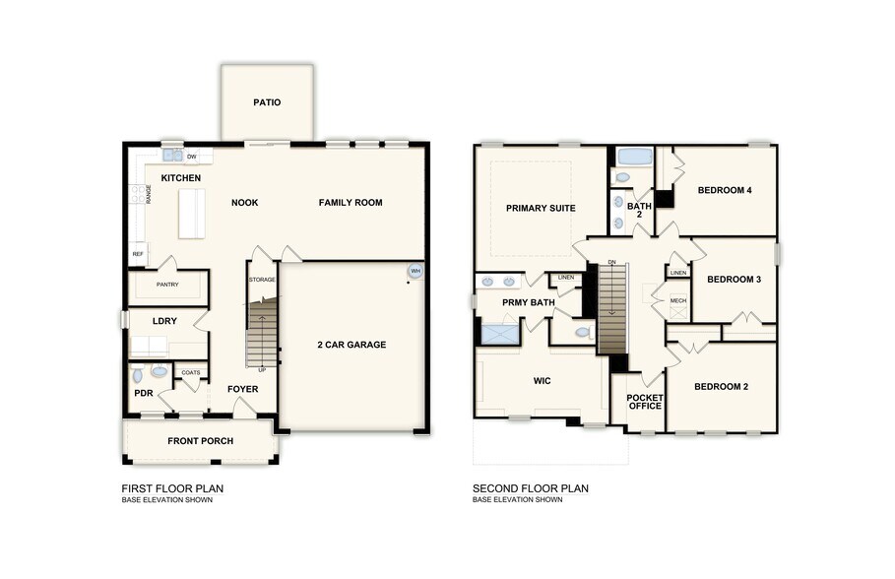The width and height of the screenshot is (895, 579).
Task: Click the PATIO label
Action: coord(267,101)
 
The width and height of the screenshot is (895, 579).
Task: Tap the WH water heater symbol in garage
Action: coord(416,270)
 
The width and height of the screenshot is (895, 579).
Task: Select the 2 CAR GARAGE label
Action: coord(352,345)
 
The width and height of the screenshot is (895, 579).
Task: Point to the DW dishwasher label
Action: coord(192,157)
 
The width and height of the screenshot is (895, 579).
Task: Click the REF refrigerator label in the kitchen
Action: coord(138,254)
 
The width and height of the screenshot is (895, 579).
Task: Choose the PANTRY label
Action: coord(167,285)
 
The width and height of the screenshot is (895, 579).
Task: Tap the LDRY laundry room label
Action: coord(164,321)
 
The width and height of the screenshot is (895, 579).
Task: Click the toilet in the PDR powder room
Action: coord(139,374)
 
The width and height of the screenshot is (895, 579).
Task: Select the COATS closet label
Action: coord(191,372)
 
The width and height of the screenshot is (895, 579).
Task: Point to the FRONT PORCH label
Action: coord(200,440)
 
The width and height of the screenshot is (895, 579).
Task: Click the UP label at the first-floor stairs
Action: coord(262,369)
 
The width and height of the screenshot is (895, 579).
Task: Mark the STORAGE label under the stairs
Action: coord(262,280)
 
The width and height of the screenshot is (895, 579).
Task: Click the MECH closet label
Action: coord(677,300)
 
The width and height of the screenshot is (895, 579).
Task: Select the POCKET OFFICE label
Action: coord(645,402)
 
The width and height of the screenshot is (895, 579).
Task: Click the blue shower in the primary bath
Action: coord(500,333)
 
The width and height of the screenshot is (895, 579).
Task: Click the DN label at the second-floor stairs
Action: coord(611,262)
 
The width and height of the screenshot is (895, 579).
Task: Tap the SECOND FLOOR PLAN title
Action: coord(530,488)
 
